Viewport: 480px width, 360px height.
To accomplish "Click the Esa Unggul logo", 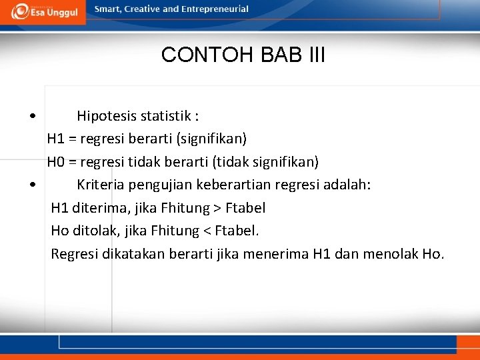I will [x=44, y=11].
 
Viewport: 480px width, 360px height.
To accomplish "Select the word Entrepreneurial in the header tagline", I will [x=214, y=9].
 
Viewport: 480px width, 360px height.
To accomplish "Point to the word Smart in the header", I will [x=107, y=9].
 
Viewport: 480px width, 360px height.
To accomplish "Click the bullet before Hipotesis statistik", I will [x=33, y=117].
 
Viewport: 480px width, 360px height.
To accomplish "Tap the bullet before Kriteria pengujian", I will [x=33, y=185].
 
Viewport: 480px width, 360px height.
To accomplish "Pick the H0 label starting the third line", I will [x=55, y=162].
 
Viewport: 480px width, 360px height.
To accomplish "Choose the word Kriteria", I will [x=101, y=185].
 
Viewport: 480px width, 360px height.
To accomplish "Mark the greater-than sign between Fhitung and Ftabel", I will [x=217, y=209].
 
